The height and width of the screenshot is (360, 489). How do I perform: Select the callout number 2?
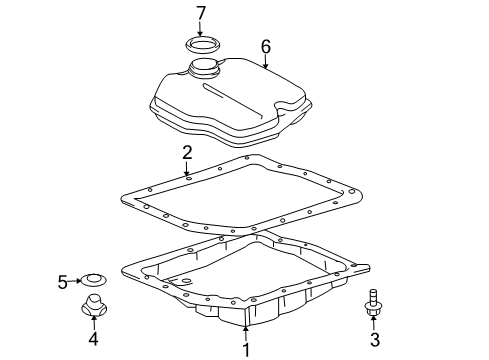[x=187, y=152]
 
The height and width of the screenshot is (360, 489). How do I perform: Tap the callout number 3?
[x=375, y=340]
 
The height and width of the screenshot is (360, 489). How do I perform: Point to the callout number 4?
[x=93, y=339]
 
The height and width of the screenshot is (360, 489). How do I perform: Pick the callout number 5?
[x=62, y=282]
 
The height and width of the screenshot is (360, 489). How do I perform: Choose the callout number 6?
[x=266, y=45]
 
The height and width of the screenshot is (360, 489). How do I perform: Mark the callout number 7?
[x=200, y=13]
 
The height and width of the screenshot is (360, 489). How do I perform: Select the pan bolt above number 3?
[x=374, y=302]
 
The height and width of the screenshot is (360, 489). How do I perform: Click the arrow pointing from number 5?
[x=76, y=282]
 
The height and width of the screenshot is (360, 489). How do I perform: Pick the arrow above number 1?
[x=245, y=332]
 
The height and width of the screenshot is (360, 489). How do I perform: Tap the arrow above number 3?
[x=375, y=323]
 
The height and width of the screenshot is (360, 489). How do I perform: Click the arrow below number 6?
[x=266, y=62]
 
